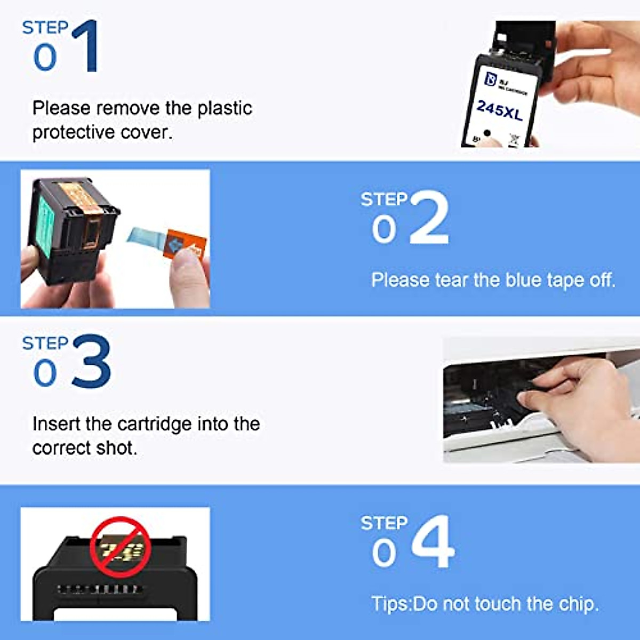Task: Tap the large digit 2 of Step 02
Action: [x=430, y=218]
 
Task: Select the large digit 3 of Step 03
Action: [x=91, y=361]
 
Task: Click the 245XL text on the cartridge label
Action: [x=499, y=110]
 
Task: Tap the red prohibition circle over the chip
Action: [x=120, y=547]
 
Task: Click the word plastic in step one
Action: [x=225, y=108]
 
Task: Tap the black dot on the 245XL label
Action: [x=486, y=133]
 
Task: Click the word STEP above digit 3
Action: [x=45, y=343]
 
